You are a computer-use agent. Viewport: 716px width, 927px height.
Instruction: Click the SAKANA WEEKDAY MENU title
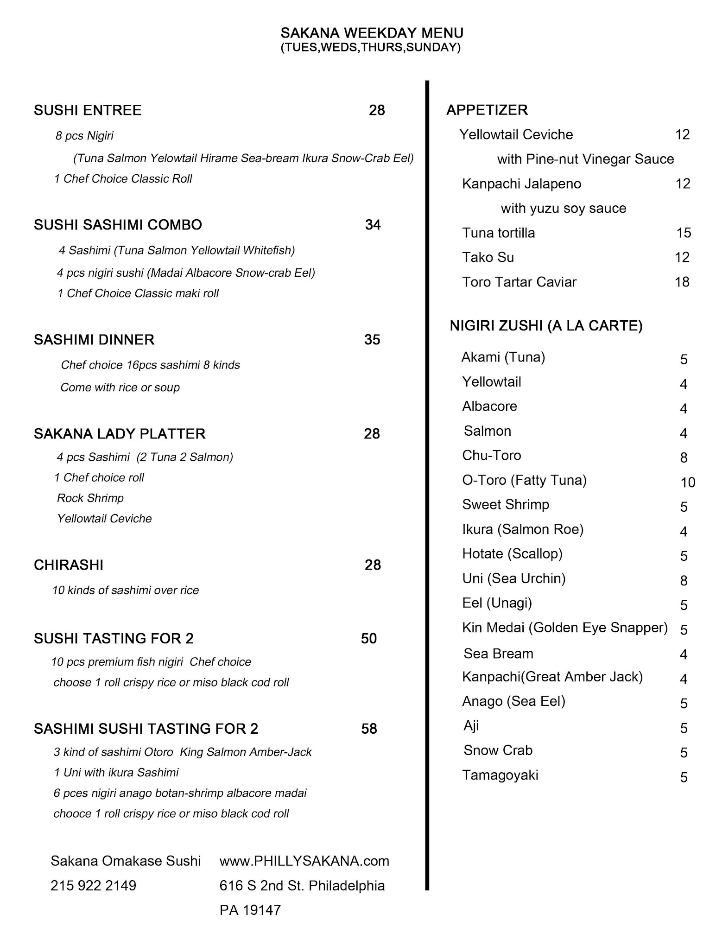click(x=372, y=33)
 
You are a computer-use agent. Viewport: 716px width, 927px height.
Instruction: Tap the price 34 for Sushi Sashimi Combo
click(x=373, y=225)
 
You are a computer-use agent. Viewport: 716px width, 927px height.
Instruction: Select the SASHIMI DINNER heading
click(x=94, y=340)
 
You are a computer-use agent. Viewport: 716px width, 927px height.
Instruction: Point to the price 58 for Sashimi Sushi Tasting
click(x=369, y=729)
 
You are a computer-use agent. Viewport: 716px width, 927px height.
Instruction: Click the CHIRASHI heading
click(x=69, y=565)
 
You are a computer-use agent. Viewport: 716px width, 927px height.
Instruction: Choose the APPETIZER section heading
click(x=487, y=110)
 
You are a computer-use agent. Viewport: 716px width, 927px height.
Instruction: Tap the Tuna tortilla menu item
click(x=498, y=233)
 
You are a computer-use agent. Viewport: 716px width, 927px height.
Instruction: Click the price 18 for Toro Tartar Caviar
click(x=682, y=282)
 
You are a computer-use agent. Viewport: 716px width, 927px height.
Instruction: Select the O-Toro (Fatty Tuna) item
click(x=524, y=480)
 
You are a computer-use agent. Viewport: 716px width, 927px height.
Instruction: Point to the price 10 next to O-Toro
click(x=688, y=483)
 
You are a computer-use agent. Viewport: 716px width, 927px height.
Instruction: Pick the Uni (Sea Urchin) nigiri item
click(x=513, y=578)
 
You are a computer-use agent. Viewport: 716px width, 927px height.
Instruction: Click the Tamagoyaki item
click(x=500, y=775)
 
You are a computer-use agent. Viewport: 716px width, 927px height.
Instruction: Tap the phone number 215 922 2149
click(x=93, y=886)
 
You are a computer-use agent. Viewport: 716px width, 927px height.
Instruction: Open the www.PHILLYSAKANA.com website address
click(x=304, y=861)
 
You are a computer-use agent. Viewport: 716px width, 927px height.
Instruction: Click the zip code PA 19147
click(x=250, y=910)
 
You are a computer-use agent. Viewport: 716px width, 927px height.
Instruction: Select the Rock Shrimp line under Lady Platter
click(x=90, y=498)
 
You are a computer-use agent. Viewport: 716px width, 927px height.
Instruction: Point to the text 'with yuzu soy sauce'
click(x=563, y=208)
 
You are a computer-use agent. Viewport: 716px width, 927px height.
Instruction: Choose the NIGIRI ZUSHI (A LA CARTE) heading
click(x=546, y=326)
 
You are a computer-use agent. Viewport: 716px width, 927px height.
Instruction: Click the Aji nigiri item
click(x=471, y=726)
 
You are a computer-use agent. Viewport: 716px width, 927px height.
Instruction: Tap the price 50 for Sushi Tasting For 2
click(x=369, y=639)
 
